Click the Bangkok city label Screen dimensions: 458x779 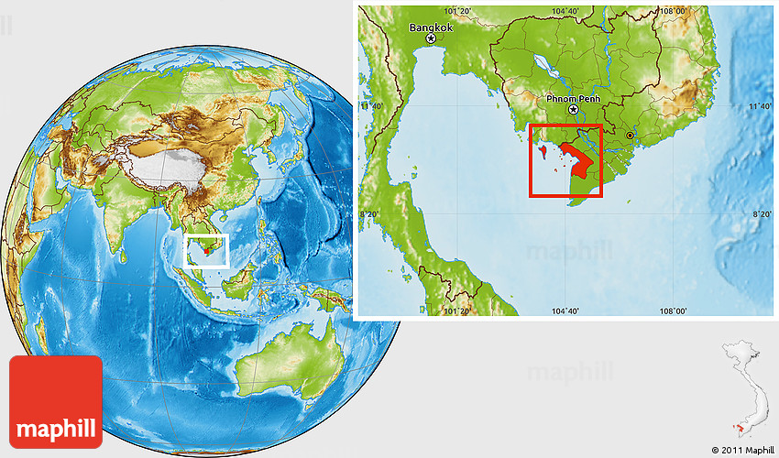(x=432, y=27)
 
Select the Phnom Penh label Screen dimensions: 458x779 (x=572, y=97)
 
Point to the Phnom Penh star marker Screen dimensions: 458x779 (x=574, y=110)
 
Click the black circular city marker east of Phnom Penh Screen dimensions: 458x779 (x=630, y=135)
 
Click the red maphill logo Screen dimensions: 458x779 (x=55, y=401)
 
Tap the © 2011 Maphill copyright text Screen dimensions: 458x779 (x=741, y=450)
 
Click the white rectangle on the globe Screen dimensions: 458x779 (x=206, y=250)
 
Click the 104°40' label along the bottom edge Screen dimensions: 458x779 (x=565, y=311)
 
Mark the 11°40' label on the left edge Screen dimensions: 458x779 (x=371, y=107)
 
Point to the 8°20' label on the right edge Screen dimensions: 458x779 (x=760, y=214)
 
